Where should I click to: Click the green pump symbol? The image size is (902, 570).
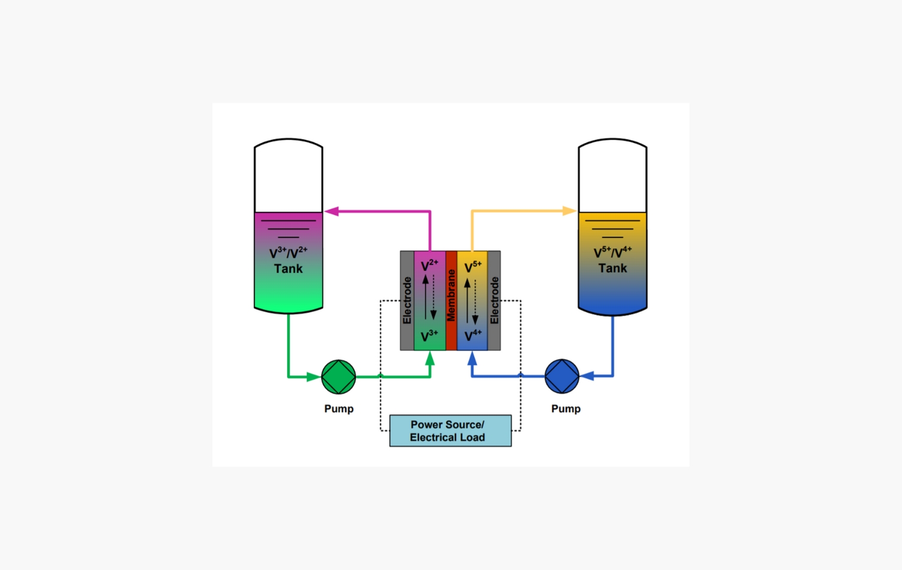tap(338, 376)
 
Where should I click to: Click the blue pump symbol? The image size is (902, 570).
tap(562, 376)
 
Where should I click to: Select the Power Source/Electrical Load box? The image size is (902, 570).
tap(450, 431)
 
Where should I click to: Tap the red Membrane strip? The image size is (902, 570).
tap(451, 300)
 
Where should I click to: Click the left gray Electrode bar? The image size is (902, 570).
tap(407, 300)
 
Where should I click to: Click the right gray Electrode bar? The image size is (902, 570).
tap(494, 300)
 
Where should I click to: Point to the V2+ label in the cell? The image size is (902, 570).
tap(429, 265)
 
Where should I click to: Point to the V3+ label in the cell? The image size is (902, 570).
tap(429, 336)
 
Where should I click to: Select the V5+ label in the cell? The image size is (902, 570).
tap(472, 267)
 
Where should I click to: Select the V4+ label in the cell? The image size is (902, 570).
tap(472, 336)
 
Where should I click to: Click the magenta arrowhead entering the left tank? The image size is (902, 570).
tap(332, 211)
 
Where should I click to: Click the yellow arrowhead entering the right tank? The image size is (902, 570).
tap(569, 211)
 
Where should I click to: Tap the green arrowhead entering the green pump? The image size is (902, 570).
tap(313, 376)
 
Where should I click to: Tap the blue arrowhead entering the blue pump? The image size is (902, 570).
tap(587, 376)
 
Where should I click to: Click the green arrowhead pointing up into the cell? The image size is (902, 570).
tap(430, 357)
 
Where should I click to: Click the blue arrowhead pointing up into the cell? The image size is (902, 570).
tap(472, 358)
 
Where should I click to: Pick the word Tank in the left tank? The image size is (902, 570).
tap(288, 269)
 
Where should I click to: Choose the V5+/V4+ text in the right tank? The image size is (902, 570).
tap(612, 252)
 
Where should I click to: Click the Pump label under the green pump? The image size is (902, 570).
tap(339, 408)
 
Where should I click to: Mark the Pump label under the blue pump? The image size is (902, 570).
tap(566, 408)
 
